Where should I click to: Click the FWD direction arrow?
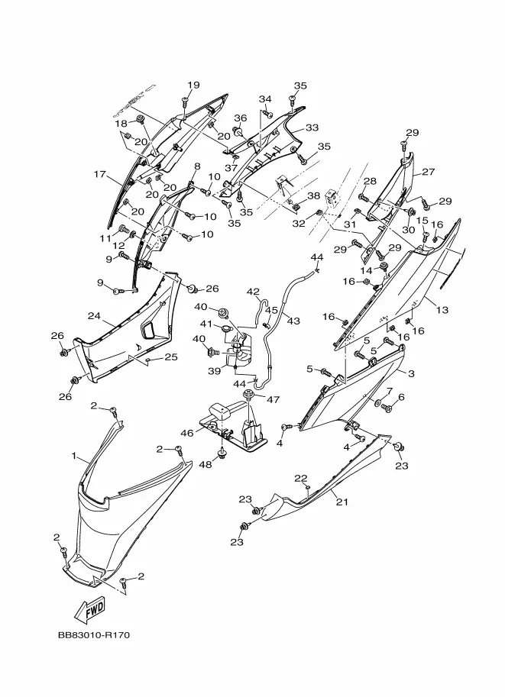(x=90, y=610)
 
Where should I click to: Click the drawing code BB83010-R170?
(x=94, y=634)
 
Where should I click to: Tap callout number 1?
(x=74, y=456)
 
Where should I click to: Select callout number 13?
(x=442, y=309)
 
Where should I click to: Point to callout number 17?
(x=99, y=174)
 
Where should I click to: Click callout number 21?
(x=342, y=502)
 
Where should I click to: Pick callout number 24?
(x=94, y=316)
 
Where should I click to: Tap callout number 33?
(x=312, y=127)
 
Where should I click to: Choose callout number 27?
(x=428, y=172)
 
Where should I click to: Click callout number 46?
(x=187, y=433)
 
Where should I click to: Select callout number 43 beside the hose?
(x=293, y=320)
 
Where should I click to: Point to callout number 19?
(x=193, y=85)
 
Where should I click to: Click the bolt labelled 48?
(x=222, y=453)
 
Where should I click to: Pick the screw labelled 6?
(x=387, y=407)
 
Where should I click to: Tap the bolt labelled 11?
(x=122, y=230)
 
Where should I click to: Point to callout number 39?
(x=215, y=371)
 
